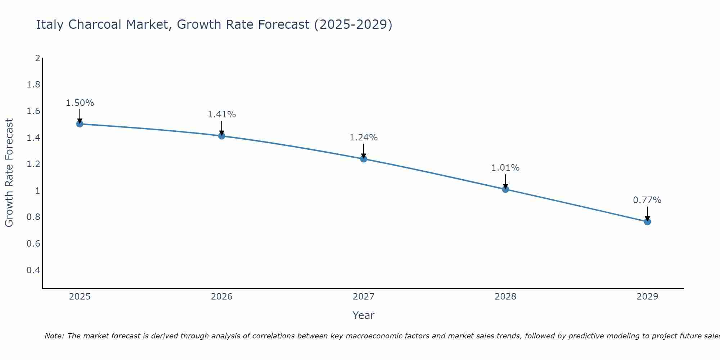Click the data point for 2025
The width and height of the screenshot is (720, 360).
tap(80, 124)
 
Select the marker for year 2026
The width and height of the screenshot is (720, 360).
tap(222, 136)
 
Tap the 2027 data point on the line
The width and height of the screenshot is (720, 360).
tap(364, 159)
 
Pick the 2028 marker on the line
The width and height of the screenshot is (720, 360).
tap(505, 189)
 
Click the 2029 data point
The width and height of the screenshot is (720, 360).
tap(647, 222)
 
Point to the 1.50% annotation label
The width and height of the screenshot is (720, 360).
tap(80, 103)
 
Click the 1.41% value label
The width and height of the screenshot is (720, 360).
tap(222, 114)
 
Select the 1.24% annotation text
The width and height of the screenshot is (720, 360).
tap(364, 138)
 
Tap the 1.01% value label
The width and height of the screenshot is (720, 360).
tap(505, 168)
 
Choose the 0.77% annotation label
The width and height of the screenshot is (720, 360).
tap(647, 200)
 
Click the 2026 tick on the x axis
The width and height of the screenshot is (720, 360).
tap(222, 297)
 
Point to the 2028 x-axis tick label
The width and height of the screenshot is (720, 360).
tap(505, 297)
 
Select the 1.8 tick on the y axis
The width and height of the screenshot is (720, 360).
tap(33, 85)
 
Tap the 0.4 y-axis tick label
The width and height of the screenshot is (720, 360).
tap(33, 270)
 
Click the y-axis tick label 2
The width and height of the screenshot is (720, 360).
tap(37, 58)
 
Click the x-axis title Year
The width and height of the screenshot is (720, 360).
tap(364, 315)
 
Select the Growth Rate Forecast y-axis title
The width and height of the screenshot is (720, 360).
tap(9, 173)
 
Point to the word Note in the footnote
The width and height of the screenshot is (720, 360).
tap(54, 336)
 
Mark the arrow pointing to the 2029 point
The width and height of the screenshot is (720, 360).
tap(647, 213)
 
